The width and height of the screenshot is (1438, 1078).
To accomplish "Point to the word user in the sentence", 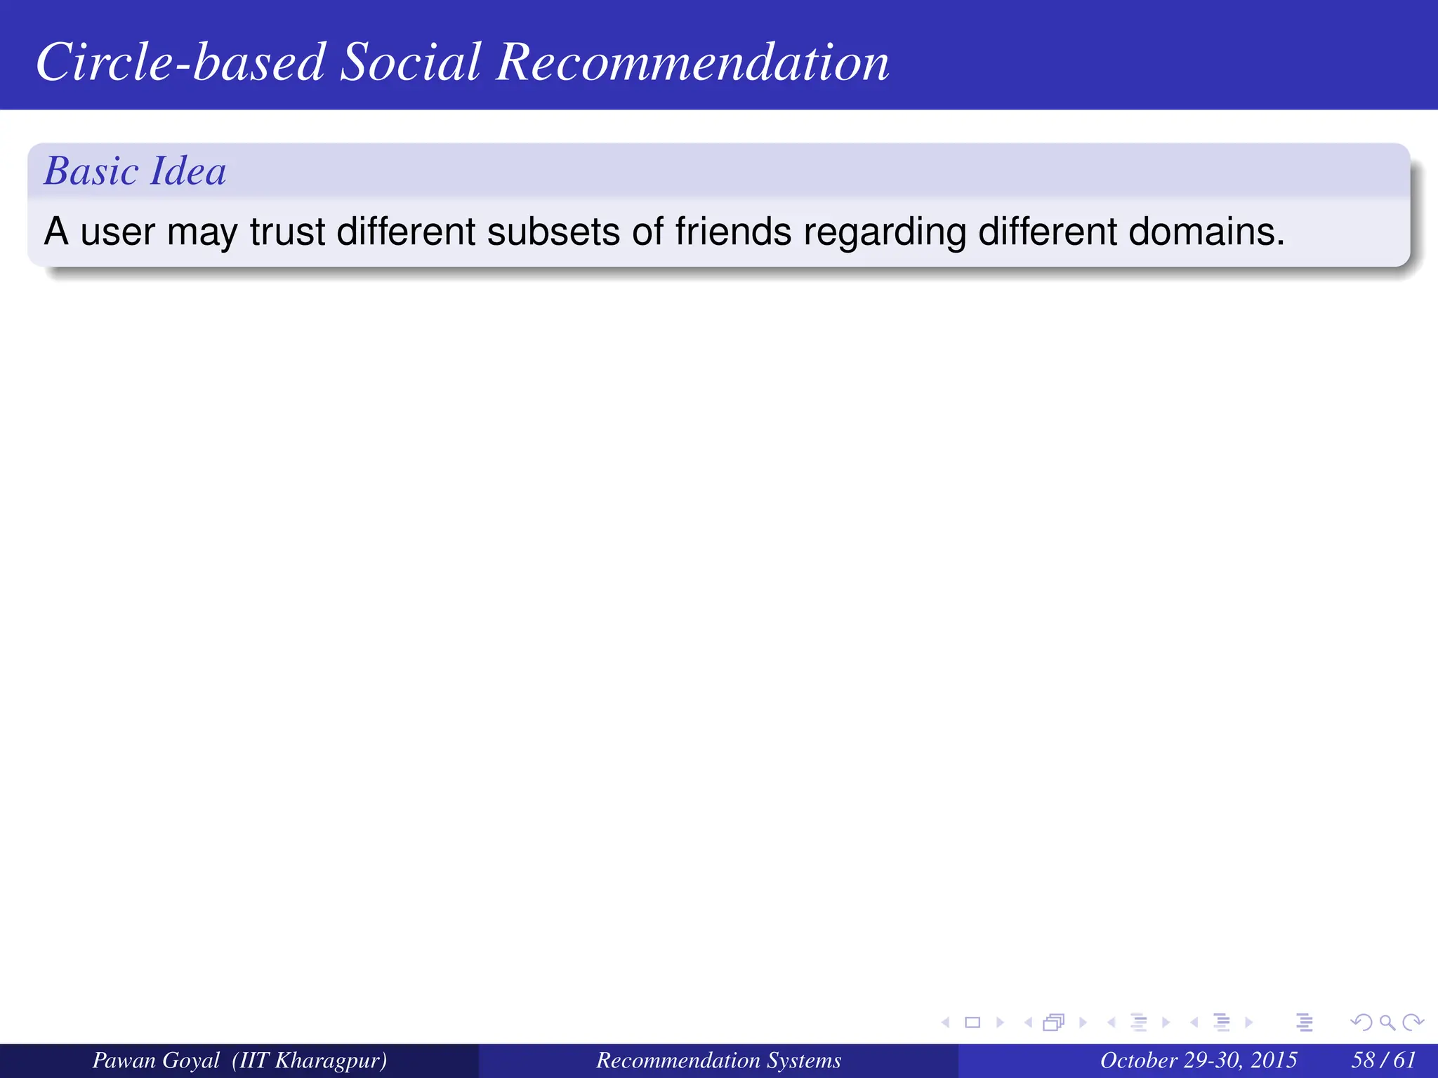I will [117, 233].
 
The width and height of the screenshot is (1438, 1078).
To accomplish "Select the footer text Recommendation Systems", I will [718, 1060].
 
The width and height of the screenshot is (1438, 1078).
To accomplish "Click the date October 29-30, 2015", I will [1198, 1060].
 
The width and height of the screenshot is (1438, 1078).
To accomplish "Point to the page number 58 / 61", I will [1383, 1060].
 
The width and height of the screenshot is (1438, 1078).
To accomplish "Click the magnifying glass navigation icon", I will [1387, 1023].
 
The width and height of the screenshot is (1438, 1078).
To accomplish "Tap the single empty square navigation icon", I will [972, 1023].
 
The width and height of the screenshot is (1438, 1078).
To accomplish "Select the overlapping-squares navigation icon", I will [1053, 1023].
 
